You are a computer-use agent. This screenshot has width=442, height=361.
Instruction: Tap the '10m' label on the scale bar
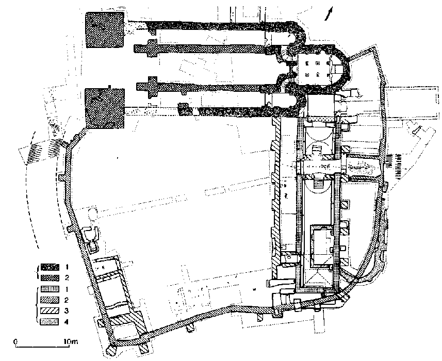69,341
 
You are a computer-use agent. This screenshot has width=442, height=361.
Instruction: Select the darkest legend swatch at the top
48,268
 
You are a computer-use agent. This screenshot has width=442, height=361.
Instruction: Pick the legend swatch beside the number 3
48,311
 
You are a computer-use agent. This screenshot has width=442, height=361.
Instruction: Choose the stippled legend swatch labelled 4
48,322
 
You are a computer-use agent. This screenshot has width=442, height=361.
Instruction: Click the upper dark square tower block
105,30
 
